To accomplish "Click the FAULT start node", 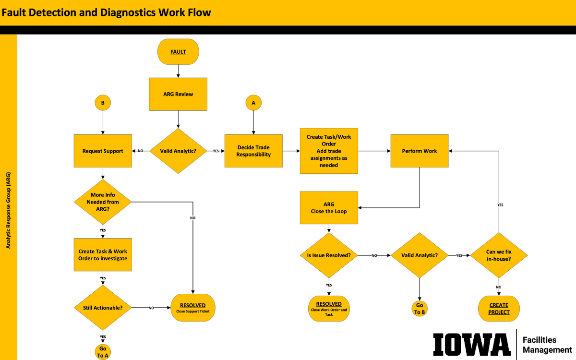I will (178, 51).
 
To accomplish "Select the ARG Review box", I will (178, 94).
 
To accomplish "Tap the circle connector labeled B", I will (102, 103).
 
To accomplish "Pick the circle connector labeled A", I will (253, 103).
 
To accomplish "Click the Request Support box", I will (103, 151).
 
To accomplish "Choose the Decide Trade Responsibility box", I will (253, 151).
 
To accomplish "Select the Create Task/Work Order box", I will (329, 151).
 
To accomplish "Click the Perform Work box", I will (420, 151).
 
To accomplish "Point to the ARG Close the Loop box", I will (329, 207).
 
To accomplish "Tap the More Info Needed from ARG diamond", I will (103, 202).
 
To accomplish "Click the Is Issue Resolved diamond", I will (329, 255).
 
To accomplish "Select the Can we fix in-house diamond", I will (499, 255).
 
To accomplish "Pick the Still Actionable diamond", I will (103, 307).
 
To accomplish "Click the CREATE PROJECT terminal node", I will (499, 309).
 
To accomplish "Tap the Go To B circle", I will (420, 309).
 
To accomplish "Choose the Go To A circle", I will (103, 352).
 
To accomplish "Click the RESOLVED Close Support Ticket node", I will (193, 307).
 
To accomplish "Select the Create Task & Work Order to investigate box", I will (103, 255).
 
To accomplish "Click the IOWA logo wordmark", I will (471, 344).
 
